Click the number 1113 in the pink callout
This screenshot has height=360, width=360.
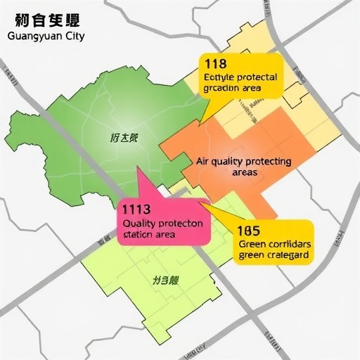(136, 209)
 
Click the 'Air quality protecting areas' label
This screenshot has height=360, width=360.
(243, 166)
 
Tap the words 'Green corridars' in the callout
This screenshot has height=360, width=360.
(274, 243)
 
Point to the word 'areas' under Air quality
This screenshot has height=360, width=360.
(243, 172)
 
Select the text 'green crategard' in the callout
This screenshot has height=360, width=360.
(274, 255)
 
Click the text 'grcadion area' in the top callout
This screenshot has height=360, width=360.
(232, 89)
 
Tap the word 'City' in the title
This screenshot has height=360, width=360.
(73, 37)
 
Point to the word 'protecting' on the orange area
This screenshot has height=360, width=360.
(267, 161)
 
